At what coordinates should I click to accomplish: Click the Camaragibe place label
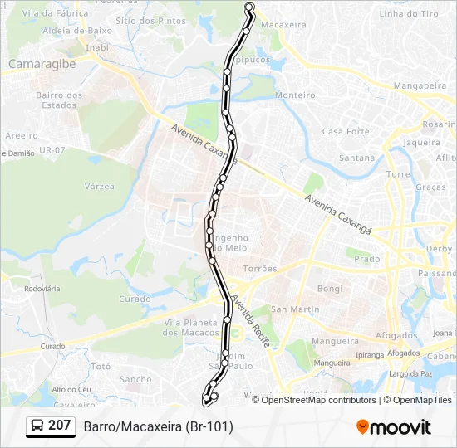tap(41, 63)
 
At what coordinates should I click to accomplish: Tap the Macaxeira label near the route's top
tap(283, 26)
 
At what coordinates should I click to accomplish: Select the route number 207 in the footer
tap(59, 426)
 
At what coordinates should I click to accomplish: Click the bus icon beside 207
tap(38, 426)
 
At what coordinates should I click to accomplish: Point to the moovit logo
tap(394, 427)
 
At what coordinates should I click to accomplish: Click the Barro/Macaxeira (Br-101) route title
tap(158, 426)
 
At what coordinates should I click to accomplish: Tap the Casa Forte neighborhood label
tap(346, 132)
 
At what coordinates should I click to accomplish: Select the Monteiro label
tap(295, 95)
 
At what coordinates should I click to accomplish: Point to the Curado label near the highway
tap(135, 299)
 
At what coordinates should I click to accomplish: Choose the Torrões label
tap(260, 270)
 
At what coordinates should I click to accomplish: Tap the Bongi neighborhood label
tap(330, 289)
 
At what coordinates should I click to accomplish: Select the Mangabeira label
tap(420, 85)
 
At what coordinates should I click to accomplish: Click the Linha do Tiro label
tap(408, 14)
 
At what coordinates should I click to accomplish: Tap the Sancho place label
tap(135, 380)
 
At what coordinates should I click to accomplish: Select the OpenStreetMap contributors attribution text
tap(314, 400)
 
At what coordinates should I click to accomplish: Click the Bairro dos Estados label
tap(59, 100)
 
